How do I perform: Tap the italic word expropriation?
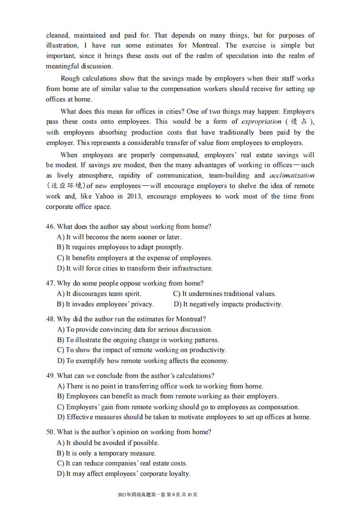[261, 121]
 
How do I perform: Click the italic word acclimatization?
[292, 175]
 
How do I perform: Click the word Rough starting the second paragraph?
[70, 78]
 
